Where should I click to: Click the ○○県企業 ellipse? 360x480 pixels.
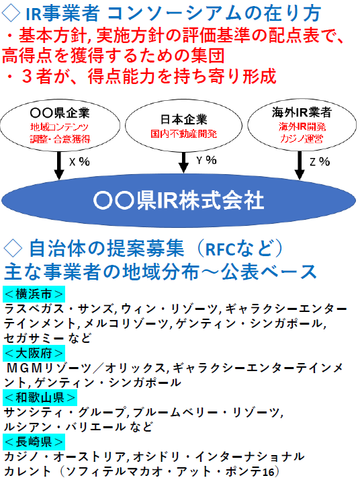click(x=60, y=125)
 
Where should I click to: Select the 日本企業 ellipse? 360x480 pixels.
click(x=183, y=125)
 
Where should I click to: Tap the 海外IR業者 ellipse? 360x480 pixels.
click(x=302, y=124)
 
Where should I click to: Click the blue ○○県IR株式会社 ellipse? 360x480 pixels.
click(x=179, y=200)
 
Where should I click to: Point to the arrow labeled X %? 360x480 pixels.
click(x=59, y=165)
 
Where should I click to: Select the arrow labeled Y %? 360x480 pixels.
click(x=183, y=162)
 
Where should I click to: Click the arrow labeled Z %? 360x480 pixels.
click(x=300, y=165)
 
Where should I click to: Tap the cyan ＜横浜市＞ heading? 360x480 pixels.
click(x=34, y=294)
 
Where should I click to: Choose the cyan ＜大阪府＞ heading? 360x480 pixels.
click(x=34, y=353)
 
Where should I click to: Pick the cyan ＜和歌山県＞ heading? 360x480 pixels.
click(x=40, y=398)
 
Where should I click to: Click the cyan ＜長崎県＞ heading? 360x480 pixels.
click(x=34, y=442)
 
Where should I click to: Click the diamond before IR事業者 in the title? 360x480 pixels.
click(x=11, y=13)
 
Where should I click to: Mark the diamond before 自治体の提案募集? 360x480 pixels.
click(x=13, y=249)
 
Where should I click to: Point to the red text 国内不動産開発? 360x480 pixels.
click(x=183, y=134)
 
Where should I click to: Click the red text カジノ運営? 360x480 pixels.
click(x=302, y=139)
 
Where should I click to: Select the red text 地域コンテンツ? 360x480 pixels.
click(x=59, y=127)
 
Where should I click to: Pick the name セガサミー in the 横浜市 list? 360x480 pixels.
click(x=34, y=338)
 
